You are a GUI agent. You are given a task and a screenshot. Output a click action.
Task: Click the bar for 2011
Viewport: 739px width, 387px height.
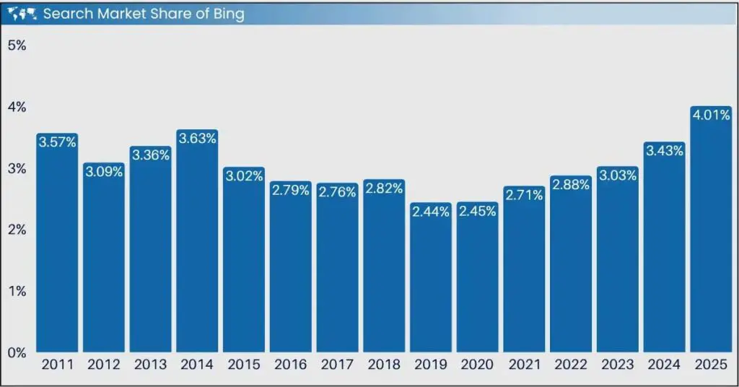[57, 245]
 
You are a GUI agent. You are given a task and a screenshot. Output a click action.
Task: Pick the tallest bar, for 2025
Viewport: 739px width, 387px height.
[711, 231]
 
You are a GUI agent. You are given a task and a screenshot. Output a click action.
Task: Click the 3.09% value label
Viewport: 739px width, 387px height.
[104, 173]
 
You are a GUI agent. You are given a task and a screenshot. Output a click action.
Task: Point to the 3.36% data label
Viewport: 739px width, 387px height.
[150, 155]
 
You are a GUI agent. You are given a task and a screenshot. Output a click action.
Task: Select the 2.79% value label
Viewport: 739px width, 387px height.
[291, 191]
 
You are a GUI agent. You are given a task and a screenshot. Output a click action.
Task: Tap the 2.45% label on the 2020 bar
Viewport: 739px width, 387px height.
[477, 212]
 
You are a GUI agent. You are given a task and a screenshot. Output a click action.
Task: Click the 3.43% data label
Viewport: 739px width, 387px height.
[665, 151]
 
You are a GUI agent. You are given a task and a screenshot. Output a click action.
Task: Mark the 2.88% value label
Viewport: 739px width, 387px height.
[571, 185]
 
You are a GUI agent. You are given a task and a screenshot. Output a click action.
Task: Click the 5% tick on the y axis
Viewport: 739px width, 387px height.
[17, 45]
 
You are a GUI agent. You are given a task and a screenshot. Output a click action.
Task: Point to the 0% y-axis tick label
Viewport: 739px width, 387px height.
[17, 353]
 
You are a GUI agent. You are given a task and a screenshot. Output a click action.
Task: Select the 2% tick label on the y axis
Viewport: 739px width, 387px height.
[17, 230]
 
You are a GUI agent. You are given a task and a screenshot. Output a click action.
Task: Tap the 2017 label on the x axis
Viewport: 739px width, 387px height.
[337, 365]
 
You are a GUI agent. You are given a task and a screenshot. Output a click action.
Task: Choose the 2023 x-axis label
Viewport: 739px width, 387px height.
[618, 365]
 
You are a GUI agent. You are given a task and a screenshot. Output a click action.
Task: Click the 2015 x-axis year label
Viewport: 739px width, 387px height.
[244, 365]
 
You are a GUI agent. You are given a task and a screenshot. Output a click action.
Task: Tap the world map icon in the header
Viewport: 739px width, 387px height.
[24, 13]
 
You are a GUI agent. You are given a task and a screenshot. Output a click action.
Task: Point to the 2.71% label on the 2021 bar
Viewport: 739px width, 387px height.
[524, 195]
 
